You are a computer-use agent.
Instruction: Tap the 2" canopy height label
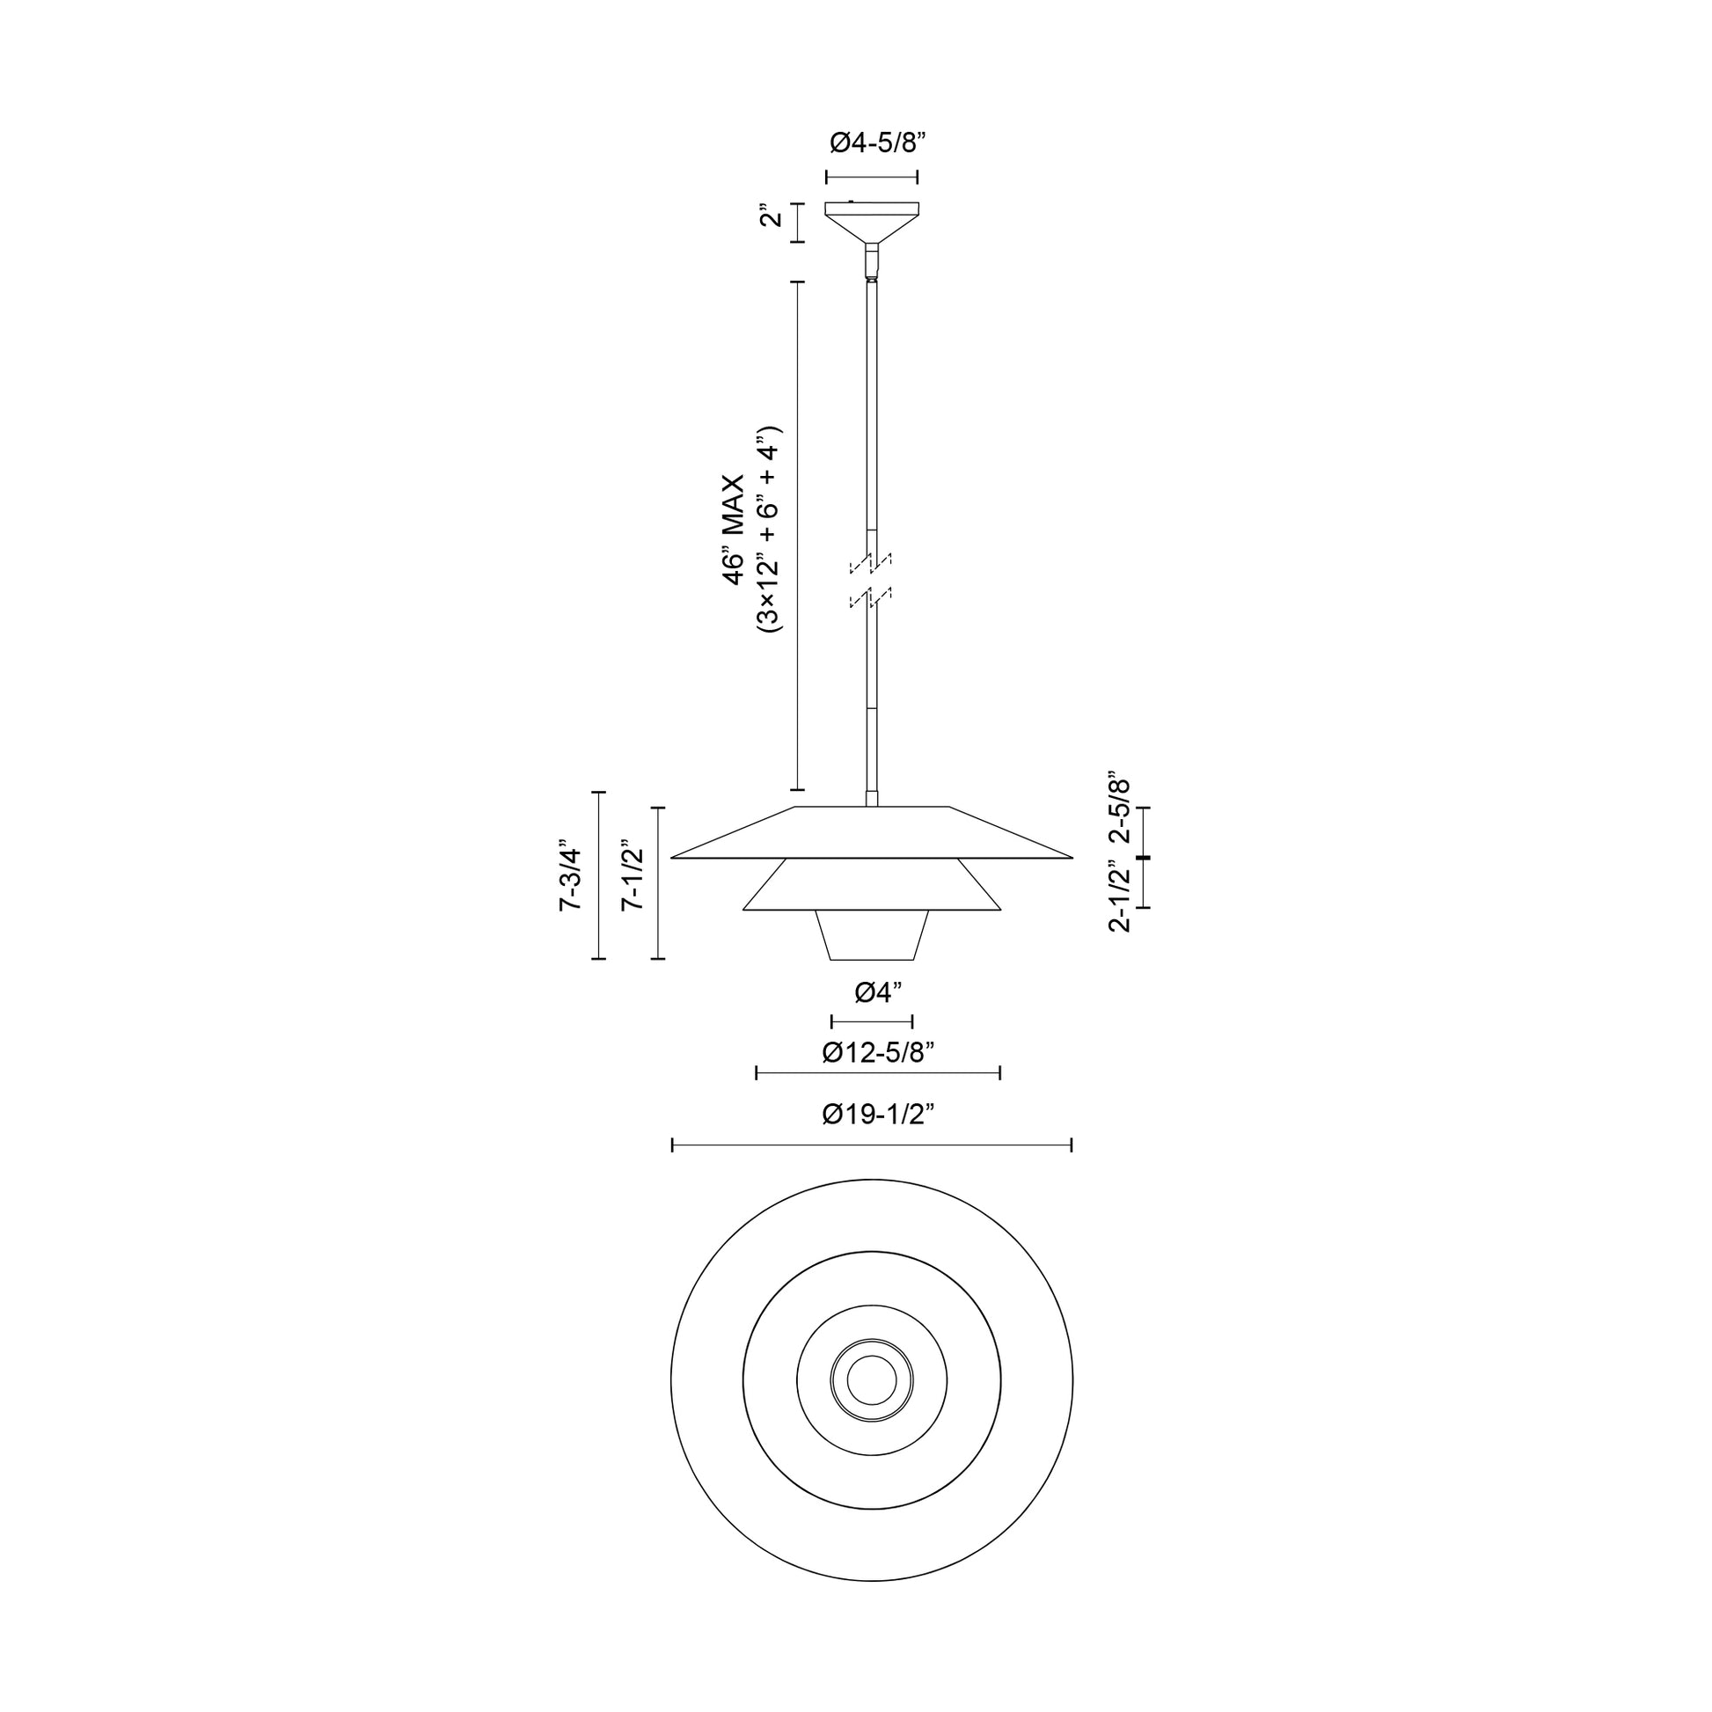point(772,216)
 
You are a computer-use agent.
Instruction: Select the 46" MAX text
point(734,530)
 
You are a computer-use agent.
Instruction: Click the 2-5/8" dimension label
point(1120,809)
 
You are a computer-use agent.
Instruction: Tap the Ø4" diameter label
point(877,993)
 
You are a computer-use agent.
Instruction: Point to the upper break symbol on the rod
point(871,562)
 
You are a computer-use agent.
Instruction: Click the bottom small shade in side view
point(872,935)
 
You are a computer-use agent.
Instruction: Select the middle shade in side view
point(872,886)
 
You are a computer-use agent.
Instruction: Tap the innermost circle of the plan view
point(872,1379)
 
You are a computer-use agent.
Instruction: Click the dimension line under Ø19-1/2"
point(872,1145)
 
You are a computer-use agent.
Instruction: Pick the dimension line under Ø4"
point(872,1021)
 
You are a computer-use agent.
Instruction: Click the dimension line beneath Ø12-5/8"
point(877,1073)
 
